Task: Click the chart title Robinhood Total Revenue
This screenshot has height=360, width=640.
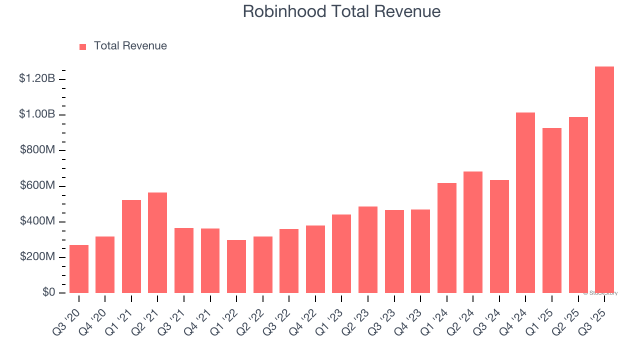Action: [341, 11]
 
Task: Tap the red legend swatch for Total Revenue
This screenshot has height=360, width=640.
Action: [83, 46]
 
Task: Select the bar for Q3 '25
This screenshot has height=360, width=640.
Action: [604, 180]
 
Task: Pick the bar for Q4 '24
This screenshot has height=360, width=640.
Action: [525, 202]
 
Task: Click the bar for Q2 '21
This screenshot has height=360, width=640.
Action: [157, 242]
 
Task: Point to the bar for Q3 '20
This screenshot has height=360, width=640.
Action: [79, 269]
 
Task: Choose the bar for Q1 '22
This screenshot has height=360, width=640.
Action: [236, 266]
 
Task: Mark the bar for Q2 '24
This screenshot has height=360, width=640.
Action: [473, 232]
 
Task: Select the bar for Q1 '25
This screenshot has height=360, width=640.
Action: [551, 210]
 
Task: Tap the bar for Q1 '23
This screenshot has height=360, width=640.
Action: [341, 253]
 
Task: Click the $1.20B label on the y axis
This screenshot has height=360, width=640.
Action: [37, 78]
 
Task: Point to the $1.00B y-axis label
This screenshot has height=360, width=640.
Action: [37, 114]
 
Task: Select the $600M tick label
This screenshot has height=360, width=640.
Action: [37, 185]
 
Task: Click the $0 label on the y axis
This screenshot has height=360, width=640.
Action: [48, 292]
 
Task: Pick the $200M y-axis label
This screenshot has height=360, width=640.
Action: [37, 257]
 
